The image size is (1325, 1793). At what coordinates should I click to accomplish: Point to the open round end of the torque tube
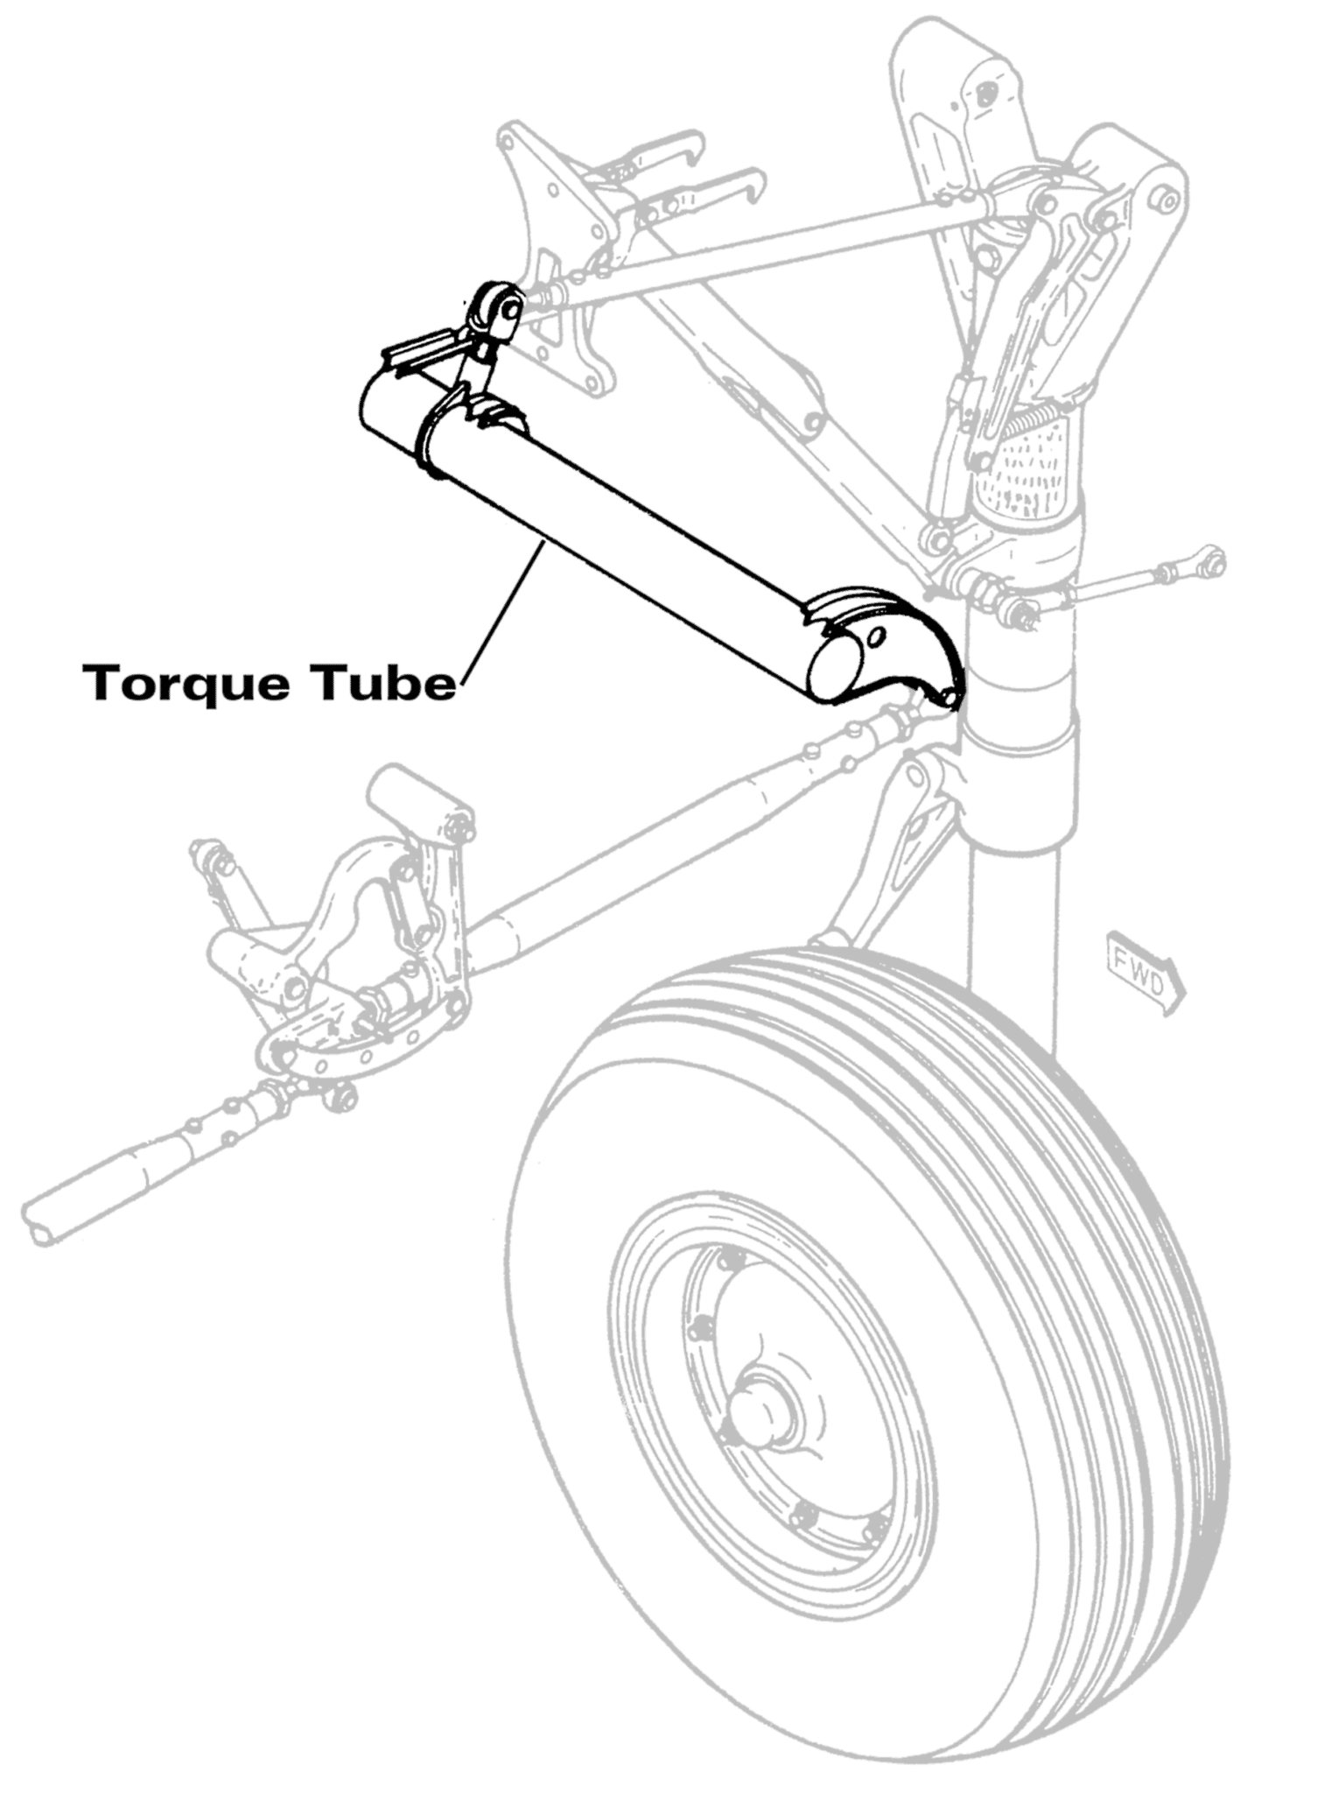[x=836, y=665]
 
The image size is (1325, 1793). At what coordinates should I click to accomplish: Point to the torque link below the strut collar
[x=901, y=840]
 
